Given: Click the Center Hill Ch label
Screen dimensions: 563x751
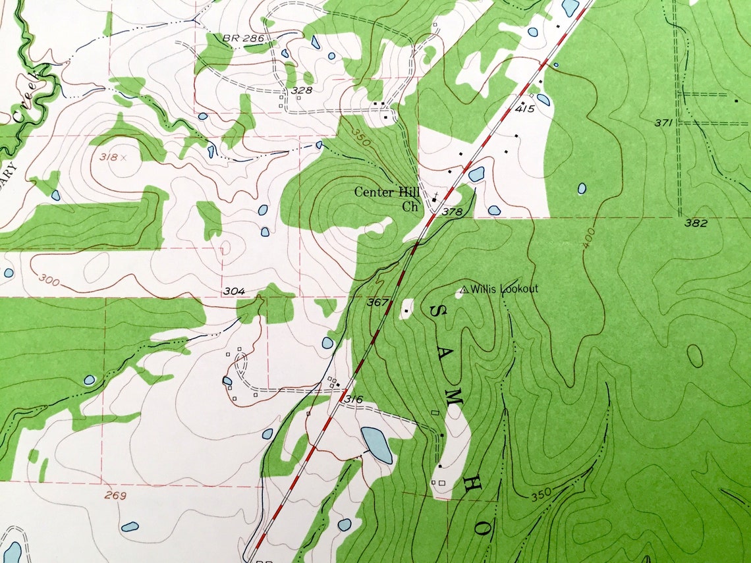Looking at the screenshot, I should [x=387, y=199].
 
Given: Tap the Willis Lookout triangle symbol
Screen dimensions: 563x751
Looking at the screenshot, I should [x=464, y=289].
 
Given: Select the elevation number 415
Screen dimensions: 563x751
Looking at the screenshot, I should [x=524, y=109].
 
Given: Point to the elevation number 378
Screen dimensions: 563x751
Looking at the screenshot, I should [x=453, y=211].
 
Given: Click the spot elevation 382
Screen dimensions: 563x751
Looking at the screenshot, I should [x=696, y=223].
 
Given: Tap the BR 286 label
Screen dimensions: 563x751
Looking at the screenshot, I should [x=238, y=39].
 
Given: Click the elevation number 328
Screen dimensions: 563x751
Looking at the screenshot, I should [x=300, y=90].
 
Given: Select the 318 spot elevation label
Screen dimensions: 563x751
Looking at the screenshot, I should [x=109, y=157].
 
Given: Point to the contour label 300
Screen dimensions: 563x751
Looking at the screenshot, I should [x=47, y=281].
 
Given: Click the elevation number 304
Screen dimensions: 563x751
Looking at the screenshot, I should [x=234, y=291].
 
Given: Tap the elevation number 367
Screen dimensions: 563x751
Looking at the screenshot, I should [x=377, y=302].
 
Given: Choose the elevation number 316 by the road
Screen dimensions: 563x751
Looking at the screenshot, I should [x=354, y=400].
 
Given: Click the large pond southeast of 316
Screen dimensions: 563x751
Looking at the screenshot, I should [x=376, y=444].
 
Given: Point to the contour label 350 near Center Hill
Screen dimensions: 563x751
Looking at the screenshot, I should [x=362, y=139].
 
